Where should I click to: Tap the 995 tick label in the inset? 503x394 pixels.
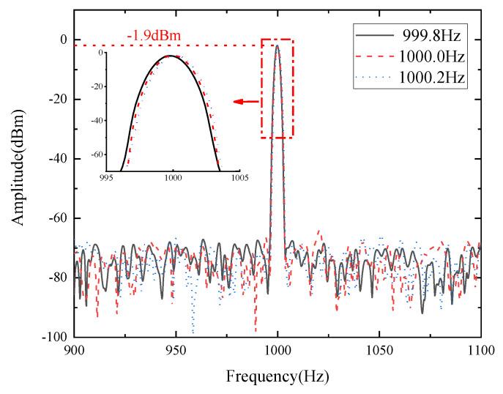(x=107, y=176)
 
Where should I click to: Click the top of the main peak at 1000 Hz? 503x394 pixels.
(x=277, y=45)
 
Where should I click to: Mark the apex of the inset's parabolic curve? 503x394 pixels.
(x=171, y=56)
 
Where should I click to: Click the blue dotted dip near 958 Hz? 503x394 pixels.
(x=193, y=332)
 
